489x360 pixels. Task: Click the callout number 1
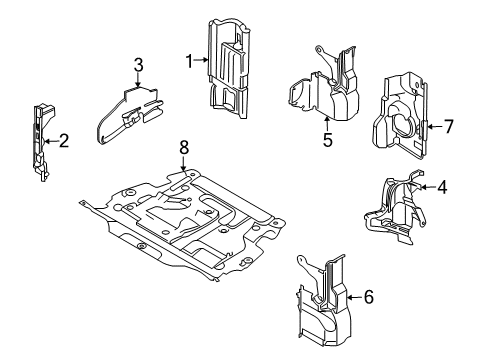point(188,62)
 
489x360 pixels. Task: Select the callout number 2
point(63,141)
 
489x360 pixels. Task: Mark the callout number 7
point(449,126)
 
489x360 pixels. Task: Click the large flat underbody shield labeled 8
point(185,220)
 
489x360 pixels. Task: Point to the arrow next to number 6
point(352,295)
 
